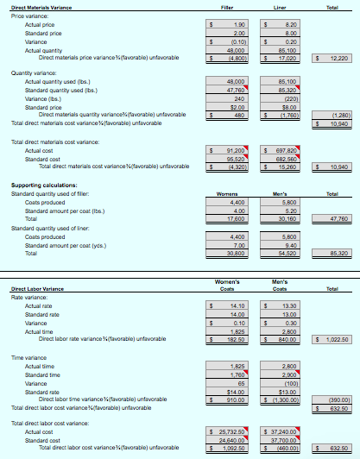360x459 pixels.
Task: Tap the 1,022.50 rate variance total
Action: (332, 340)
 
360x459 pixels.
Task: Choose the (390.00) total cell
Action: (332, 400)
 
